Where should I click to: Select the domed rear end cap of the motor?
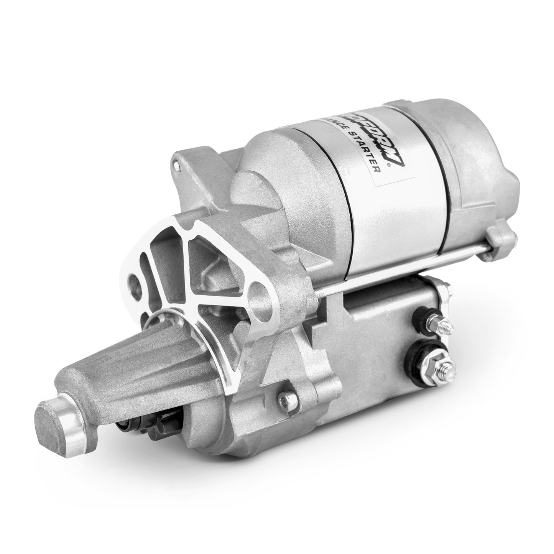point(479,161)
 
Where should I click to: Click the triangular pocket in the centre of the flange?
point(207,265)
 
